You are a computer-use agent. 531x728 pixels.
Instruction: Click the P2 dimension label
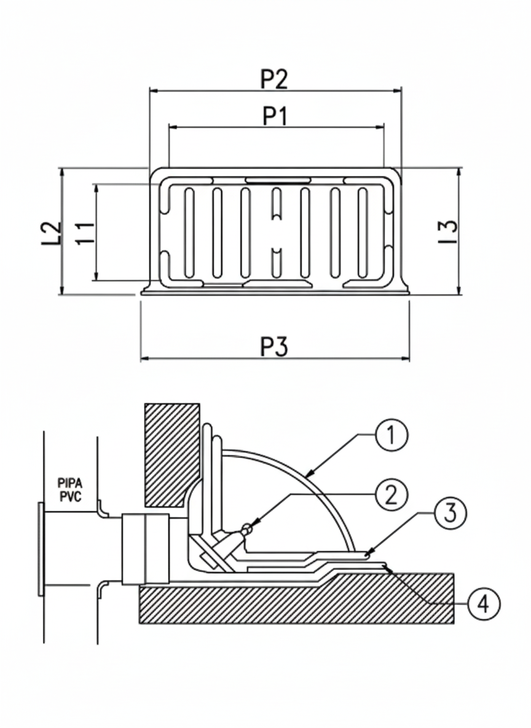(x=274, y=79)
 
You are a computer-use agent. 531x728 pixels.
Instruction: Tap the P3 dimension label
(x=274, y=346)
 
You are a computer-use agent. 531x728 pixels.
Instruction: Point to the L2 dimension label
(x=52, y=233)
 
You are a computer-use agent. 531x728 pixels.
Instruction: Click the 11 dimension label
(x=85, y=233)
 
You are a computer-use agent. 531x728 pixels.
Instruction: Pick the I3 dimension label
(x=448, y=232)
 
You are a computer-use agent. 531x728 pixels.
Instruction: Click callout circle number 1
(x=391, y=435)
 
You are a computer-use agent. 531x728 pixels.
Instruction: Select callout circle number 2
(x=391, y=495)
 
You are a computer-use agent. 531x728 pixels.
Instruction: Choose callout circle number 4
(x=484, y=604)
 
